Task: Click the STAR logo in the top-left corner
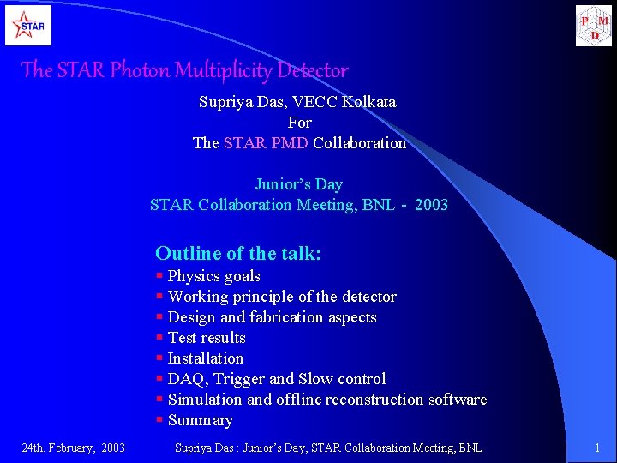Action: pyautogui.click(x=28, y=25)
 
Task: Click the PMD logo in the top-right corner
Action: pyautogui.click(x=594, y=25)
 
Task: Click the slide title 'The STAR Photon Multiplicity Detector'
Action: pyautogui.click(x=184, y=70)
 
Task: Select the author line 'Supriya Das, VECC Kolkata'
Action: pyautogui.click(x=297, y=102)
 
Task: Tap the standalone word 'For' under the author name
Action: pyautogui.click(x=299, y=123)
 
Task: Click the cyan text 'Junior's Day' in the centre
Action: pyautogui.click(x=298, y=184)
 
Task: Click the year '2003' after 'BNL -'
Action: pyautogui.click(x=431, y=205)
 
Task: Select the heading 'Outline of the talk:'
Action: pyautogui.click(x=238, y=253)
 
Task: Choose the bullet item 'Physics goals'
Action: pyautogui.click(x=213, y=276)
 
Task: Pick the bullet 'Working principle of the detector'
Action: pyautogui.click(x=282, y=297)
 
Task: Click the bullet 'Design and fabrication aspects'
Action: pyautogui.click(x=272, y=317)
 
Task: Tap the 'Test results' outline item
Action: pyautogui.click(x=207, y=338)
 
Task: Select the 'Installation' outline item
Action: pyautogui.click(x=206, y=358)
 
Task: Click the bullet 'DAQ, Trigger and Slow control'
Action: pyautogui.click(x=277, y=379)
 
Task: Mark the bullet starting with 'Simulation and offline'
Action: pyautogui.click(x=326, y=400)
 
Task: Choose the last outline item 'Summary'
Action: pyautogui.click(x=200, y=420)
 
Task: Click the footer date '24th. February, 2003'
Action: pyautogui.click(x=73, y=448)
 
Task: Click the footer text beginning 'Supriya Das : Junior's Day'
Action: pyautogui.click(x=328, y=448)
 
